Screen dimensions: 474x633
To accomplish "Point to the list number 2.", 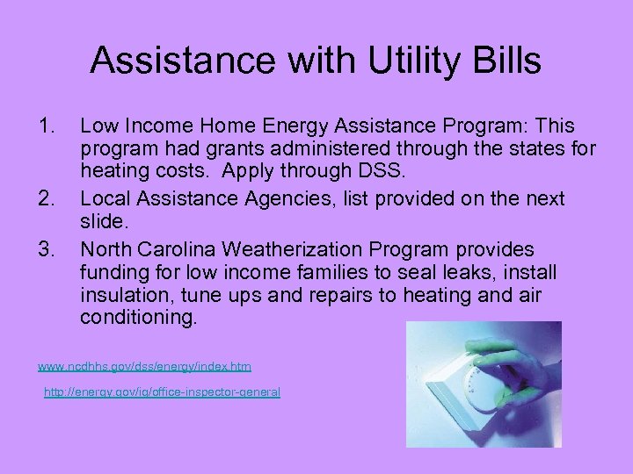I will coord(47,199).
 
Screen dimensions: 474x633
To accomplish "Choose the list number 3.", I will coord(47,250).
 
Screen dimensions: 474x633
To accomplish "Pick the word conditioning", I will coord(138,317).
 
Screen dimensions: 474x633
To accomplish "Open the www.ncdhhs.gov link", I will coord(143,364).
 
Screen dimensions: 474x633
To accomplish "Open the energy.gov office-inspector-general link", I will coord(162,392).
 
